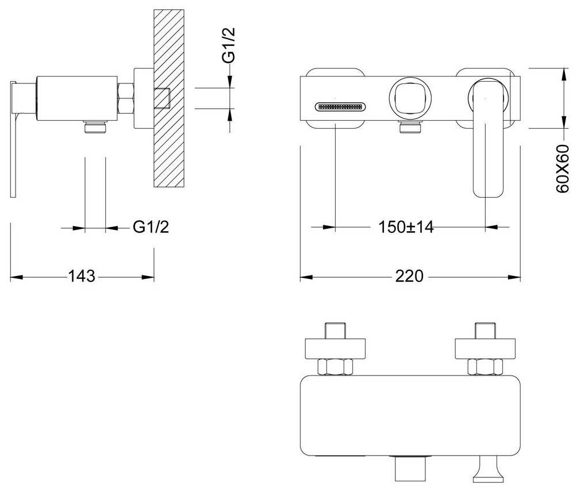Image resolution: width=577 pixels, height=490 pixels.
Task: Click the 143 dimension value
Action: tap(82, 276)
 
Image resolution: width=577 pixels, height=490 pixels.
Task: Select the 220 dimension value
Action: tap(410, 276)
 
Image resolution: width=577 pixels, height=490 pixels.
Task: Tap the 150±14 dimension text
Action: tap(405, 228)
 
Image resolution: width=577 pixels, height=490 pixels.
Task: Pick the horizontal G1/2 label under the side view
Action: tap(151, 228)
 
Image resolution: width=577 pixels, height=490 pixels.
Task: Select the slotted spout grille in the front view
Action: tap(340, 106)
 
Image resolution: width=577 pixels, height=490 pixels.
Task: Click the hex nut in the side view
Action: tap(126, 98)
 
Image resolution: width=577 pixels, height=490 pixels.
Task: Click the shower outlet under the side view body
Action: tap(95, 128)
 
